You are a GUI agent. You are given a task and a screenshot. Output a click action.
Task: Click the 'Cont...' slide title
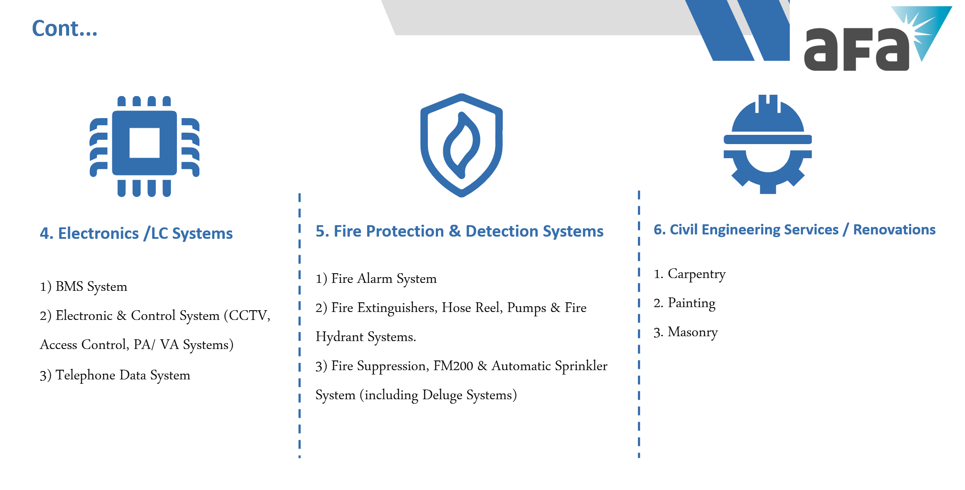point(65,29)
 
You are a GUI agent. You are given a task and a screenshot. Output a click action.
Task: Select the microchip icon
point(144,146)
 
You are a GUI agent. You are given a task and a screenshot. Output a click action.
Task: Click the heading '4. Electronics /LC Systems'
point(136,233)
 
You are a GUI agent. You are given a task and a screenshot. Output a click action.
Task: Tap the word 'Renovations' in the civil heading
point(894,230)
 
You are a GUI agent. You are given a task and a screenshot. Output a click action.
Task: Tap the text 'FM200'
point(453,366)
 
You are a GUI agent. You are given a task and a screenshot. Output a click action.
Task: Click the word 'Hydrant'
point(340,337)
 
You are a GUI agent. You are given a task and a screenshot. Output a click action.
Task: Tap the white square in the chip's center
point(144,143)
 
